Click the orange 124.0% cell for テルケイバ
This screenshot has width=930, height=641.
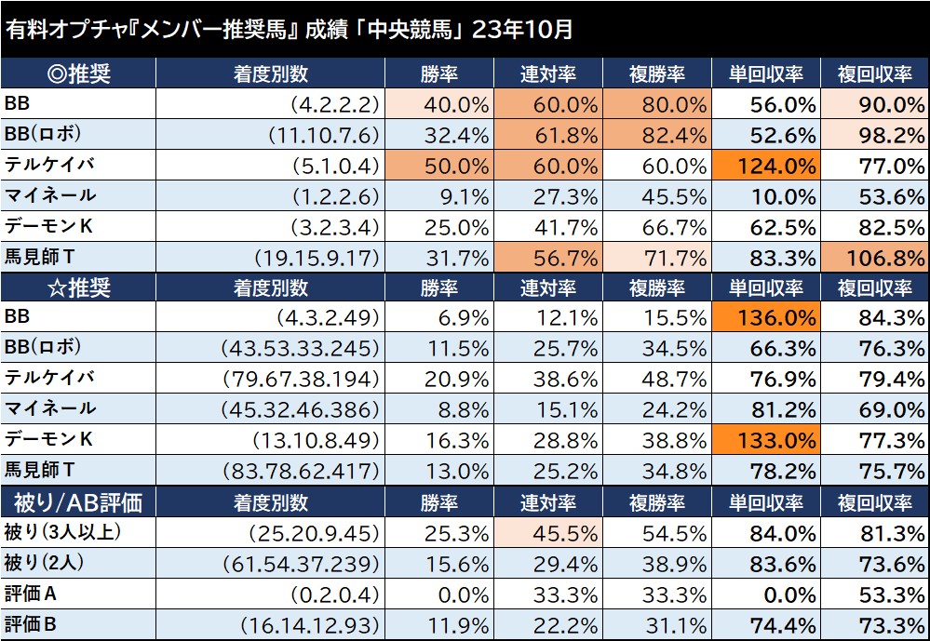765,167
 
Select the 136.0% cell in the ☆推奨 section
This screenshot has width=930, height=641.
765,317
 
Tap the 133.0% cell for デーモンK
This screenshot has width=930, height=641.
765,439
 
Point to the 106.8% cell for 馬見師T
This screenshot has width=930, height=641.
874,257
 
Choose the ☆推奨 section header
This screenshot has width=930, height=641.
78,287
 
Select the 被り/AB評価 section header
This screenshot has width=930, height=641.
78,503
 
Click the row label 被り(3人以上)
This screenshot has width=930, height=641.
63,533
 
